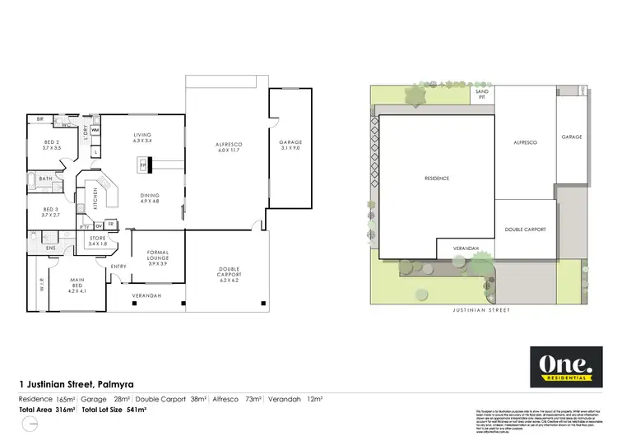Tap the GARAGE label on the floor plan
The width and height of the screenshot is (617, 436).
(290, 145)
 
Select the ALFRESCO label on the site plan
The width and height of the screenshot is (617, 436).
(525, 142)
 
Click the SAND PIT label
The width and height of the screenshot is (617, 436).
(483, 95)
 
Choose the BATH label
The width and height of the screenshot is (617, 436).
(46, 179)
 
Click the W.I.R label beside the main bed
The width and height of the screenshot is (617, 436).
(40, 288)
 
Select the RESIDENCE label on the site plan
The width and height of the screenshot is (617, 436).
(436, 178)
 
